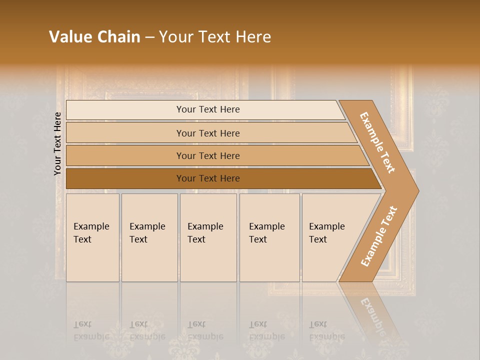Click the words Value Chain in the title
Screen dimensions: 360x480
[94, 37]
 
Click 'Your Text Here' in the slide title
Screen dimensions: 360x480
[215, 37]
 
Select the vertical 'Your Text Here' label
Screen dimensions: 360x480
[58, 143]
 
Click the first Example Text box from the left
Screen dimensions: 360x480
[92, 237]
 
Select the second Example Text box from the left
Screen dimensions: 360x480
[149, 237]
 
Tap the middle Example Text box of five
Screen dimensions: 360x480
[208, 237]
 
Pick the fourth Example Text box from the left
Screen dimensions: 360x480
[269, 237]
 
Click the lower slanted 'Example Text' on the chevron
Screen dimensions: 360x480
[379, 236]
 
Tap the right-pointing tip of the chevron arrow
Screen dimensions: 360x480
[416, 190]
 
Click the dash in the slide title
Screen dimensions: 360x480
[149, 37]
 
